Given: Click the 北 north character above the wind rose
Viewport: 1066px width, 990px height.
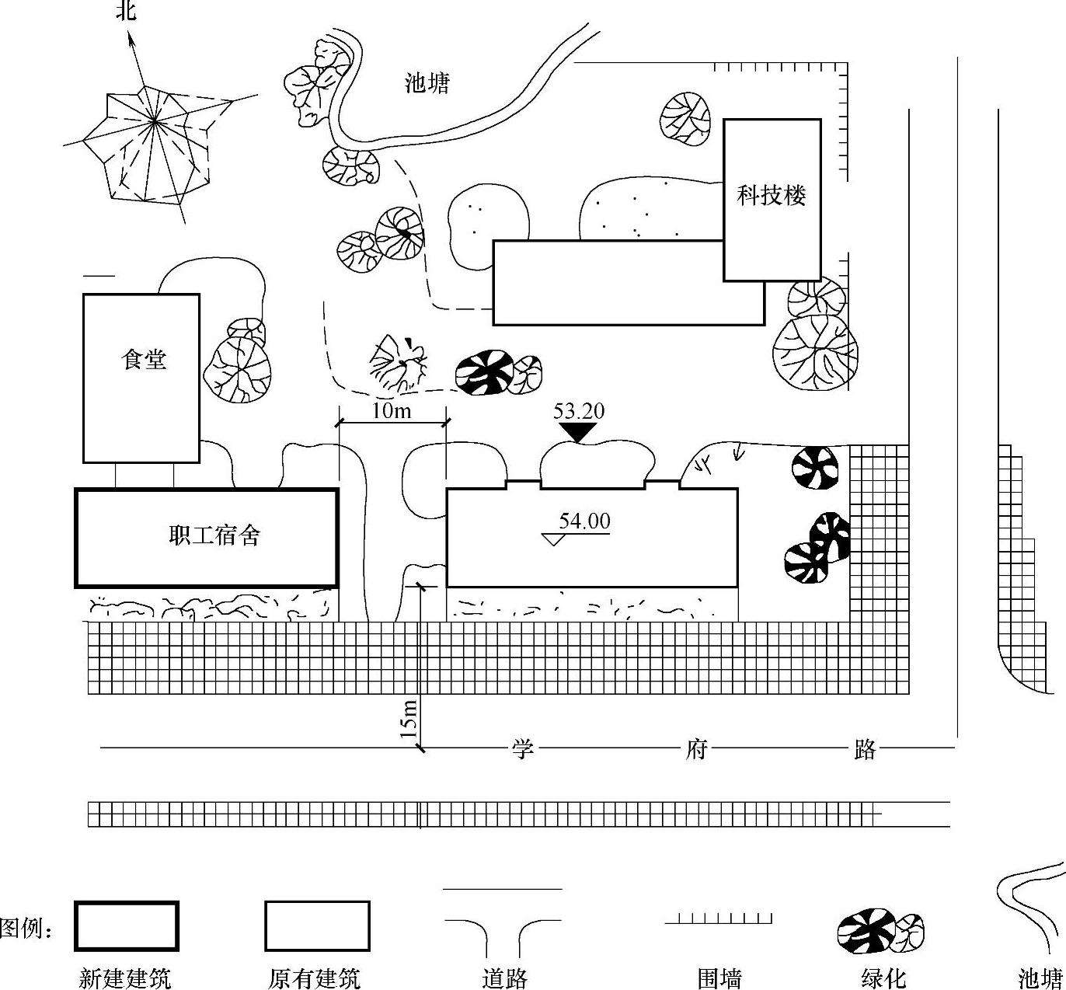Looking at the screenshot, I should pos(127,11).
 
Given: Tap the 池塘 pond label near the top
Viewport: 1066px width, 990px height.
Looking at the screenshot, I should pos(427,82).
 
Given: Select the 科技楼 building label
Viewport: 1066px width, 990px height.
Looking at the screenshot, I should pos(772,195).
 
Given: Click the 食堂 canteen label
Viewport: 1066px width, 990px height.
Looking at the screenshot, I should pos(144,359).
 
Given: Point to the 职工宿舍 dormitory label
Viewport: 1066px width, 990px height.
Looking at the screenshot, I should pos(214,535).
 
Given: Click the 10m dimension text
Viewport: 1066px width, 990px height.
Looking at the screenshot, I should pos(392,410).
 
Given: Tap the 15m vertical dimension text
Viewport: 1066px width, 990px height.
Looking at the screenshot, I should pos(409,718).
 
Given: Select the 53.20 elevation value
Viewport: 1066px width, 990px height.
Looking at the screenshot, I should pos(578,411).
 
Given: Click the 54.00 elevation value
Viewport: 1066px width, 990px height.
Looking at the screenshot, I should pos(584,521).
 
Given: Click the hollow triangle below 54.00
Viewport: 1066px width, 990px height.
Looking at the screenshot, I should pos(552,539).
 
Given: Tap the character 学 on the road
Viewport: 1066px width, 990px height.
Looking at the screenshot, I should pos(522,749).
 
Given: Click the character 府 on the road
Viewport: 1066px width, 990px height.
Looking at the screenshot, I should pos(695,749).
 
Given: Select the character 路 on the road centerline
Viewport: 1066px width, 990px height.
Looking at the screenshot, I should pos(865,749).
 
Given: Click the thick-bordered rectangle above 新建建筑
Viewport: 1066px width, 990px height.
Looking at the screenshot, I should pos(127,926).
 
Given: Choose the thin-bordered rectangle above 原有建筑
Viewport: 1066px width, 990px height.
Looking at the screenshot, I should pos(317,926).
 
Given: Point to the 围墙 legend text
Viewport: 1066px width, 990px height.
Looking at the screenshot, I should pos(719,978).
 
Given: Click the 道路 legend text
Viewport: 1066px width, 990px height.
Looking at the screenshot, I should pos(504,978).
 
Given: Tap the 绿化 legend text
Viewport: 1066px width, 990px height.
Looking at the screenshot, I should pos(883,978).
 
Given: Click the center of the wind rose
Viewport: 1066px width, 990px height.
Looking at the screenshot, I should pos(155,121).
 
